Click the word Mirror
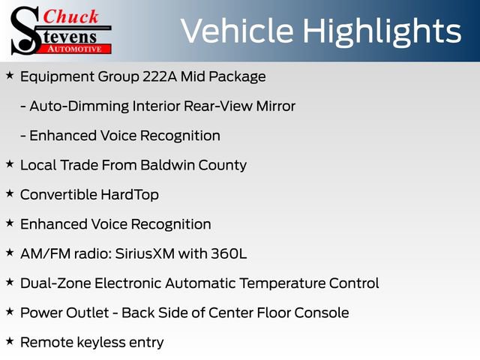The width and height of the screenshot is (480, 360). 273,106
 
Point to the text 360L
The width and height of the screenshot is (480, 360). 231,253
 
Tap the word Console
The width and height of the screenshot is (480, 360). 324,313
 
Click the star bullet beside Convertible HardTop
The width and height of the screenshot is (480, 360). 9,193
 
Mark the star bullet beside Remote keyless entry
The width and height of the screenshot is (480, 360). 9,341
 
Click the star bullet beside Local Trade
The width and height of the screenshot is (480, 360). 9,163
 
